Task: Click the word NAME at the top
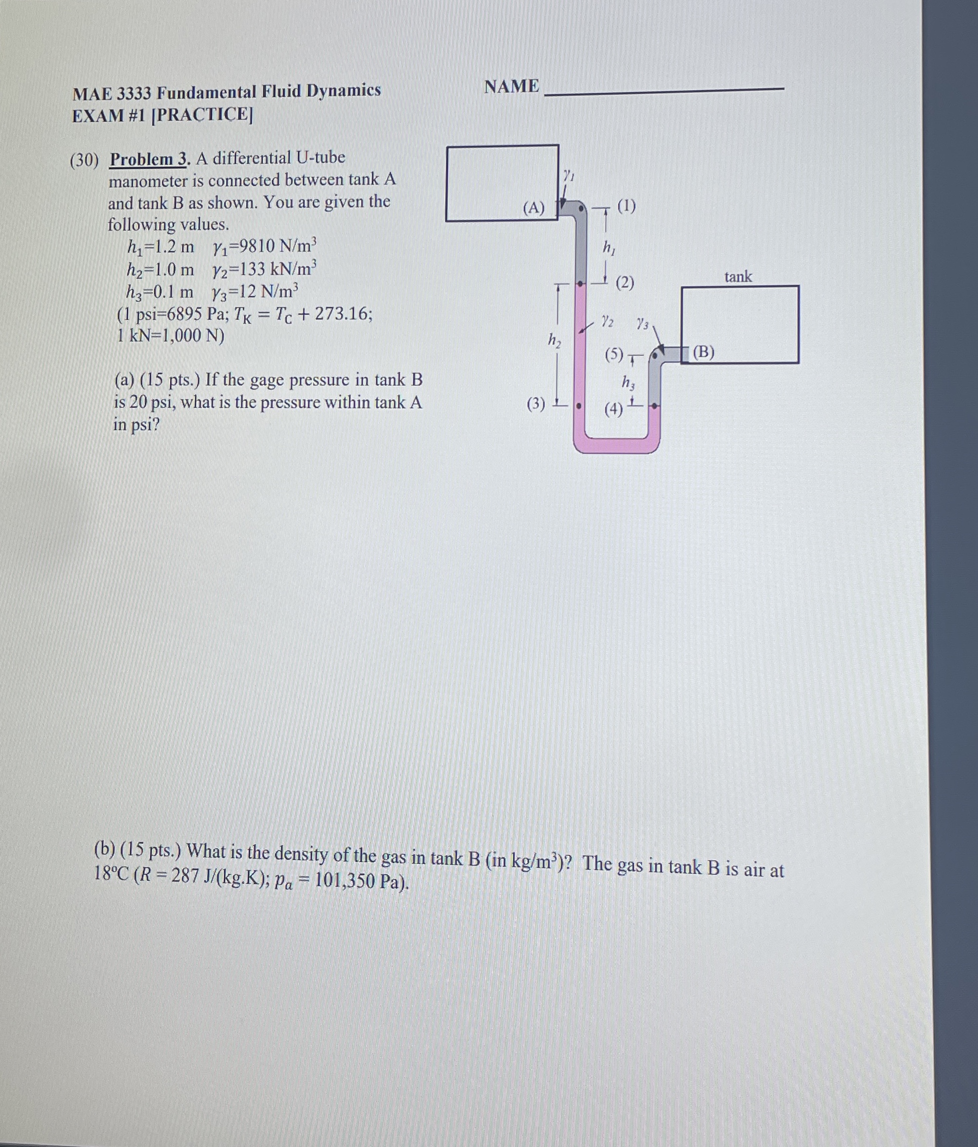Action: pyautogui.click(x=511, y=87)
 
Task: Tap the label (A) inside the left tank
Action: pyautogui.click(x=534, y=208)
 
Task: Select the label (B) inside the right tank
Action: pyautogui.click(x=703, y=352)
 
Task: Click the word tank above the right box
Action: pyautogui.click(x=738, y=276)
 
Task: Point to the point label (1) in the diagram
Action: pyautogui.click(x=626, y=206)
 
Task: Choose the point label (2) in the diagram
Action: pyautogui.click(x=625, y=283)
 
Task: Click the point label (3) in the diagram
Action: pyautogui.click(x=536, y=404)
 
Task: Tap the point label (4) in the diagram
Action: pyautogui.click(x=614, y=410)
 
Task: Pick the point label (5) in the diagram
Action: pyautogui.click(x=614, y=354)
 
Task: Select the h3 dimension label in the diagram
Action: pyautogui.click(x=628, y=382)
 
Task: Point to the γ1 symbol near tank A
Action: pyautogui.click(x=569, y=176)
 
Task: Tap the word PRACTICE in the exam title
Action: pyautogui.click(x=202, y=114)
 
